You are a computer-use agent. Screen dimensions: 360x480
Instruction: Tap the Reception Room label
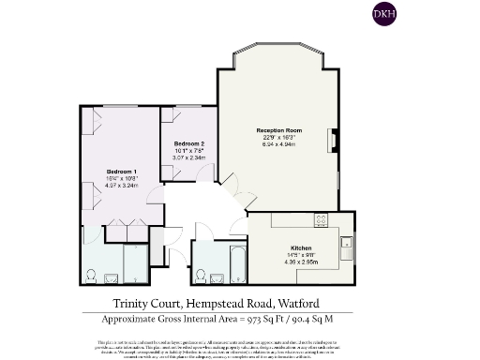click(x=277, y=129)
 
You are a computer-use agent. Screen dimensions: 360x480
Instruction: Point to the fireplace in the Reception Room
click(x=330, y=141)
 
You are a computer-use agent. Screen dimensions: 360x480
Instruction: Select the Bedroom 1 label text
click(x=122, y=172)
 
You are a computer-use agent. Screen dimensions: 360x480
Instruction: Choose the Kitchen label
click(x=300, y=247)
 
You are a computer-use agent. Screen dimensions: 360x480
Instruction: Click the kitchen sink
click(x=346, y=246)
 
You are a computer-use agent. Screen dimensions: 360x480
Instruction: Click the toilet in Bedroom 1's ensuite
click(x=91, y=276)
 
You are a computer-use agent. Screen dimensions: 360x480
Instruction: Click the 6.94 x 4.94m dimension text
click(x=277, y=144)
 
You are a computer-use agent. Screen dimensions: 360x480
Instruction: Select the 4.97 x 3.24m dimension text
click(x=122, y=187)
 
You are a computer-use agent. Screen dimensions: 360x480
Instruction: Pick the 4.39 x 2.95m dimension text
click(x=300, y=262)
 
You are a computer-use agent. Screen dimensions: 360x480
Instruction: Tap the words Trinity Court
click(x=142, y=303)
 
